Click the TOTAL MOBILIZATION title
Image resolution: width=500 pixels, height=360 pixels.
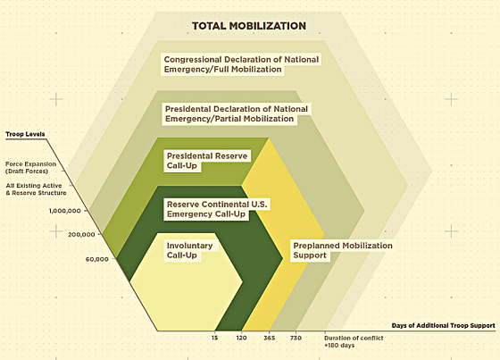pyautogui.click(x=249, y=26)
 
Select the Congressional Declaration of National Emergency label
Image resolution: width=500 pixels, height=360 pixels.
pyautogui.click(x=241, y=64)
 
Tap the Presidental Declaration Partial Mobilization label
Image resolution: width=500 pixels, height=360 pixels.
pyautogui.click(x=237, y=113)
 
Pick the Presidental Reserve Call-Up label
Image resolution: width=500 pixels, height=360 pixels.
pyautogui.click(x=207, y=161)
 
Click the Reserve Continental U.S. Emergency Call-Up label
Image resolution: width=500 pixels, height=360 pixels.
pyautogui.click(x=217, y=209)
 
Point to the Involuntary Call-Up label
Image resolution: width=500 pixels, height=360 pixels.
pyautogui.click(x=189, y=250)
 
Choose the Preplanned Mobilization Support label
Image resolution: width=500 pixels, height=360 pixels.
pyautogui.click(x=343, y=250)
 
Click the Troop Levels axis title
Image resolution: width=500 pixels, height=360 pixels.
pyautogui.click(x=25, y=134)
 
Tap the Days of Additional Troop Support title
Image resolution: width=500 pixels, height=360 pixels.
pyautogui.click(x=443, y=325)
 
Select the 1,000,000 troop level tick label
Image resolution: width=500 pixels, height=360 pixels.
pyautogui.click(x=64, y=211)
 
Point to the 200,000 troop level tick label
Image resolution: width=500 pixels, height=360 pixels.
pyautogui.click(x=81, y=234)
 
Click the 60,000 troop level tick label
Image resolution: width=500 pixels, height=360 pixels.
pyautogui.click(x=97, y=259)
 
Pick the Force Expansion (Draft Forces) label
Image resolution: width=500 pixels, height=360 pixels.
pyautogui.click(x=30, y=168)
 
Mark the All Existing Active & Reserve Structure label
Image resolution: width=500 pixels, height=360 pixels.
pyautogui.click(x=36, y=189)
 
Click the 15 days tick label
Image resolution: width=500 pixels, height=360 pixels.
pyautogui.click(x=214, y=338)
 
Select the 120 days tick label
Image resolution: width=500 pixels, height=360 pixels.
pyautogui.click(x=241, y=338)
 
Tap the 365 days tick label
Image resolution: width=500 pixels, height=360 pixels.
pyautogui.click(x=270, y=338)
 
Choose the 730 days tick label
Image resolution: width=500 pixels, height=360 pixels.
pyautogui.click(x=296, y=338)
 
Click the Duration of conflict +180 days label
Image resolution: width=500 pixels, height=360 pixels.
pyautogui.click(x=354, y=341)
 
